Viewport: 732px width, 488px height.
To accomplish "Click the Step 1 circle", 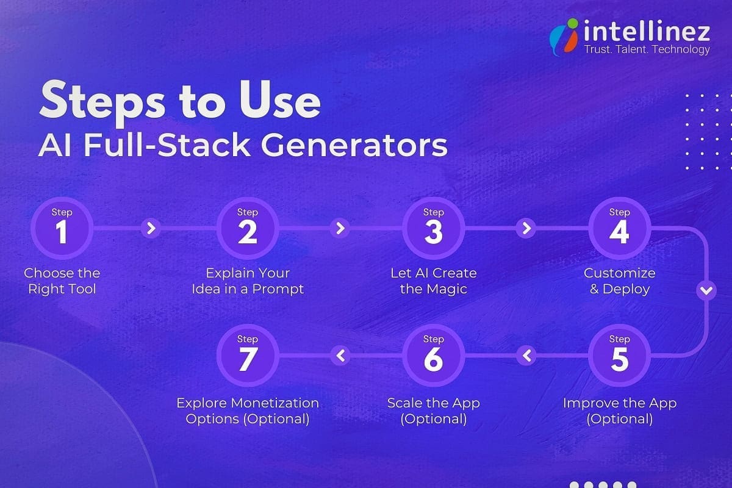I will point(62,229).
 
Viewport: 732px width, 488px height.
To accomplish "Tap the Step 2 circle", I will point(248,229).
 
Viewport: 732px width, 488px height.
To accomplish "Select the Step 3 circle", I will point(434,229).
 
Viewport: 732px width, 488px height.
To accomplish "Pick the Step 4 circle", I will point(619,229).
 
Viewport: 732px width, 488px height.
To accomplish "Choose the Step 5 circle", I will point(619,356).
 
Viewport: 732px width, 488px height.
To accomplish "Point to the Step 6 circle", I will point(434,356).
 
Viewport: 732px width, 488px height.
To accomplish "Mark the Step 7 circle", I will point(248,356).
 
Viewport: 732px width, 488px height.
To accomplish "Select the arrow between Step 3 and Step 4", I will point(525,229).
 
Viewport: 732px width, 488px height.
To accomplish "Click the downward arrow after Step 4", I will point(706,291).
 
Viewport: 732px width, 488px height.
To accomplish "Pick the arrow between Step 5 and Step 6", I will point(526,355).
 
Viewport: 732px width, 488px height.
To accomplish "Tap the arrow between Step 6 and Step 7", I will point(340,355).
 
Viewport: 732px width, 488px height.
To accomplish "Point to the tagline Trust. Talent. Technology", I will point(647,49).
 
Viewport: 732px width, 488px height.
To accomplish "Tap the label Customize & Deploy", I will point(619,281).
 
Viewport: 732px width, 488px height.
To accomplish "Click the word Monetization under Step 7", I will point(275,403).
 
